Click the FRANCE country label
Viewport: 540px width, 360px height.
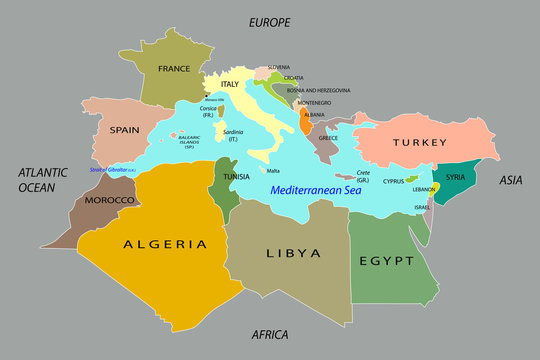pyautogui.click(x=173, y=69)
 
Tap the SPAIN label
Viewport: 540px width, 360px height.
pyautogui.click(x=124, y=129)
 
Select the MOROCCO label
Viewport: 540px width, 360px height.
pyautogui.click(x=109, y=201)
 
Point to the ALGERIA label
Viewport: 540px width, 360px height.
pyautogui.click(x=165, y=243)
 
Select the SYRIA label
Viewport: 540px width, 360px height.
pyautogui.click(x=456, y=177)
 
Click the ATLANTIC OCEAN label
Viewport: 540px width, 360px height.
pyautogui.click(x=43, y=180)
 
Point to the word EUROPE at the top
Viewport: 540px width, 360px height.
pyautogui.click(x=269, y=21)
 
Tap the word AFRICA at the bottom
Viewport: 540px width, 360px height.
pyautogui.click(x=269, y=335)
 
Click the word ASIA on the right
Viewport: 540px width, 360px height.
pyautogui.click(x=512, y=180)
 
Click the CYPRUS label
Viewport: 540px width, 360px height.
pyautogui.click(x=394, y=182)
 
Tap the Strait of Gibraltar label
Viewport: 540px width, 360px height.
pyautogui.click(x=112, y=170)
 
